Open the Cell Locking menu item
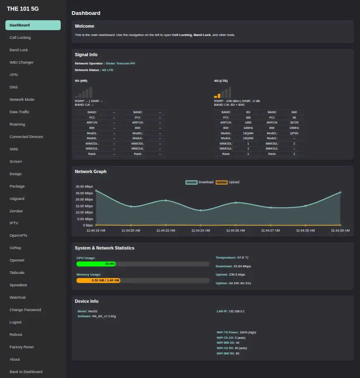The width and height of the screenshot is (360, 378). [20, 38]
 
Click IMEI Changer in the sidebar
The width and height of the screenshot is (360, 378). [21, 62]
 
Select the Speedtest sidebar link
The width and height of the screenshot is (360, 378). [18, 285]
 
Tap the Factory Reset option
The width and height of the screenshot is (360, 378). [21, 347]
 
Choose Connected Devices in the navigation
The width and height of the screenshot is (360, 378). [26, 137]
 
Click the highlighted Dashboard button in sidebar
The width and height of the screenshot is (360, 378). [33, 25]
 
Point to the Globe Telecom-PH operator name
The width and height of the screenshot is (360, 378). [120, 63]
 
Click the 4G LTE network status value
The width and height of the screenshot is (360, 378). [107, 70]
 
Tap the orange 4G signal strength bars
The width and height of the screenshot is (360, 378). [217, 96]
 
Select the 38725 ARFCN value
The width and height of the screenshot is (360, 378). [294, 122]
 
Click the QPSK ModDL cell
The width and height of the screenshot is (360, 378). [294, 133]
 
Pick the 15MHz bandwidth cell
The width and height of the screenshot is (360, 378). [294, 128]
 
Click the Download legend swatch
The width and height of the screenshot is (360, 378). [191, 182]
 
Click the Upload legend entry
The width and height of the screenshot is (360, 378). [228, 182]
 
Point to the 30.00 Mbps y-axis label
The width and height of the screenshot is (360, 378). [84, 187]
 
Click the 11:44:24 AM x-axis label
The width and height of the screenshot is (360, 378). [200, 231]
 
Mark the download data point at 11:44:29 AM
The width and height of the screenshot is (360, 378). [341, 193]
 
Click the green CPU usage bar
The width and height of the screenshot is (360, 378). [96, 264]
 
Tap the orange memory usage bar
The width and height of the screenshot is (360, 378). [98, 281]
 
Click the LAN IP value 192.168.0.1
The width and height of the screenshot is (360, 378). [236, 311]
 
